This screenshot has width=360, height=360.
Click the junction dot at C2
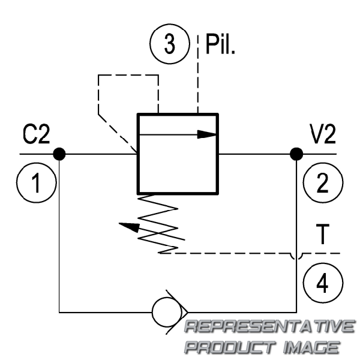(x=59, y=154)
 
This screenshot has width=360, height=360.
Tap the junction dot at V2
(x=295, y=154)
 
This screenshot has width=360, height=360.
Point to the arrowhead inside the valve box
(x=206, y=134)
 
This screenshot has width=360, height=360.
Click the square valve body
(x=177, y=154)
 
